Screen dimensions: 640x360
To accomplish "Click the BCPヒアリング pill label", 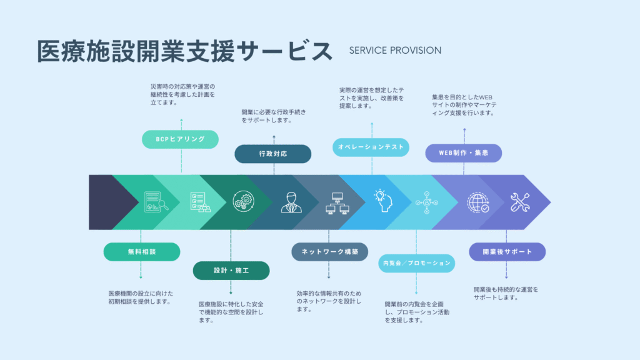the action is click(x=180, y=139).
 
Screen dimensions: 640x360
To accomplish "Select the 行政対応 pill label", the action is click(x=272, y=154).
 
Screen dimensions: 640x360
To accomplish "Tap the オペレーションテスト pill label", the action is click(x=371, y=147).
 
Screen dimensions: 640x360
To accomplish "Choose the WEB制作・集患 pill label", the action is click(x=463, y=153).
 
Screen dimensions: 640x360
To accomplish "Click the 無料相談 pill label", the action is click(x=142, y=252).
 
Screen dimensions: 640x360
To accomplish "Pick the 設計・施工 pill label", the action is click(x=231, y=271).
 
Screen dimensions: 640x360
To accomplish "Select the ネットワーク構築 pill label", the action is click(x=329, y=252).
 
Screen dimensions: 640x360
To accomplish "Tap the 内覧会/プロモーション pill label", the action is click(x=416, y=263).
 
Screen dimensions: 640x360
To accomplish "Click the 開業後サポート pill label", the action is click(x=507, y=252).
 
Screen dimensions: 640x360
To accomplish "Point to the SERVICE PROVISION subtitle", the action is click(x=395, y=51).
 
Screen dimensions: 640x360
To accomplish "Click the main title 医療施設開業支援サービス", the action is click(x=185, y=51).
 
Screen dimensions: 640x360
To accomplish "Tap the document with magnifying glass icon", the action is click(x=156, y=202).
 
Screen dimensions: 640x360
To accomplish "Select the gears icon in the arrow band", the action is click(x=243, y=201).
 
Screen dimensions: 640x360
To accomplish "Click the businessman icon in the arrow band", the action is click(x=291, y=202).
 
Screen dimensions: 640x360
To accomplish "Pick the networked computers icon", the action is click(x=337, y=203).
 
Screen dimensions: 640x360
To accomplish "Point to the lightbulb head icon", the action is click(x=383, y=201).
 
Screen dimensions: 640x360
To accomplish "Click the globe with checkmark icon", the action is click(x=478, y=202).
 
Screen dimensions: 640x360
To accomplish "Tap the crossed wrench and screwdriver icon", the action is click(x=519, y=202).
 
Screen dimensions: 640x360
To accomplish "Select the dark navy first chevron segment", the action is click(x=108, y=202).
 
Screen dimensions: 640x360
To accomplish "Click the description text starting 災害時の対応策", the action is click(x=182, y=94).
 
